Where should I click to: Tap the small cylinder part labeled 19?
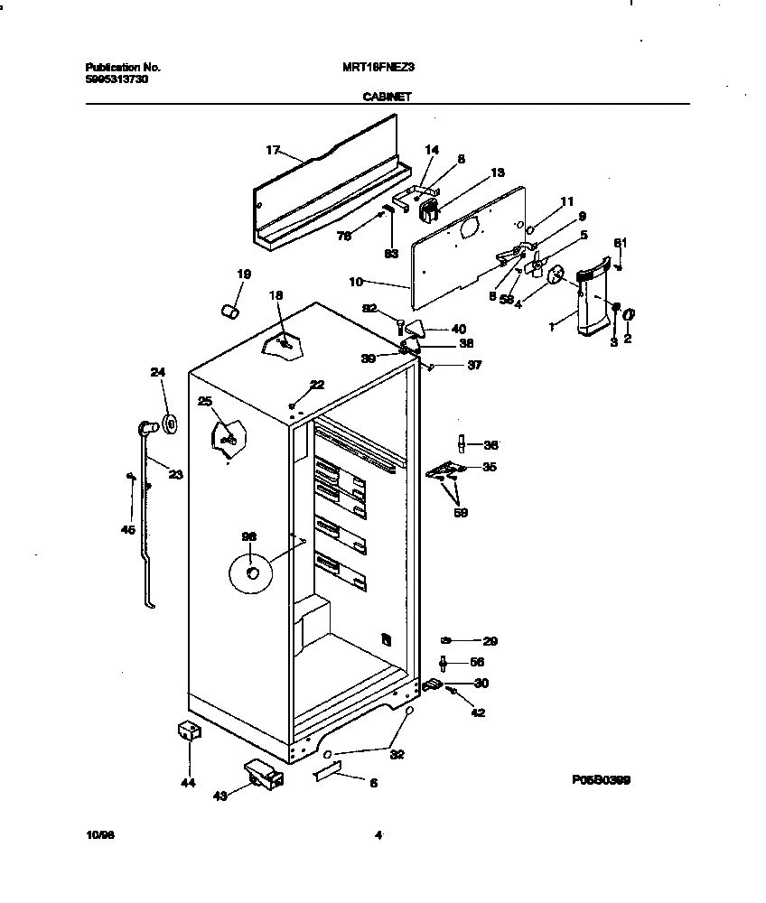click(x=230, y=312)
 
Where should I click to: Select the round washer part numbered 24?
click(x=169, y=423)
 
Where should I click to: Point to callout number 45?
click(x=127, y=530)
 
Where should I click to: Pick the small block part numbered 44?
click(x=188, y=732)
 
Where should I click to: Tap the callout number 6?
click(x=373, y=783)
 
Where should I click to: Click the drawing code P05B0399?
click(x=600, y=780)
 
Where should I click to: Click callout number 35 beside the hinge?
click(x=490, y=467)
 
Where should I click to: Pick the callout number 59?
click(x=460, y=513)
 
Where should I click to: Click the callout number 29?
click(x=490, y=642)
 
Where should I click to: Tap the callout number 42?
click(x=478, y=712)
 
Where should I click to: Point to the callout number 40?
click(x=459, y=329)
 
